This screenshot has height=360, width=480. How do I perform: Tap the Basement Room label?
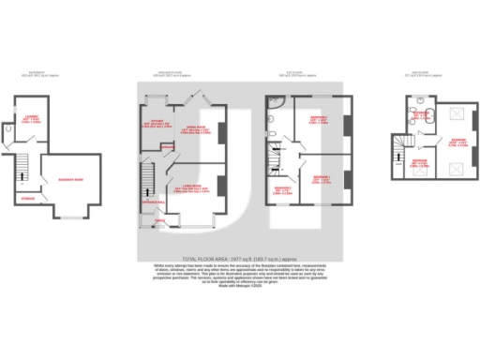pos(65,178)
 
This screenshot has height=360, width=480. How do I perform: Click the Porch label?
pos(160,221)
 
